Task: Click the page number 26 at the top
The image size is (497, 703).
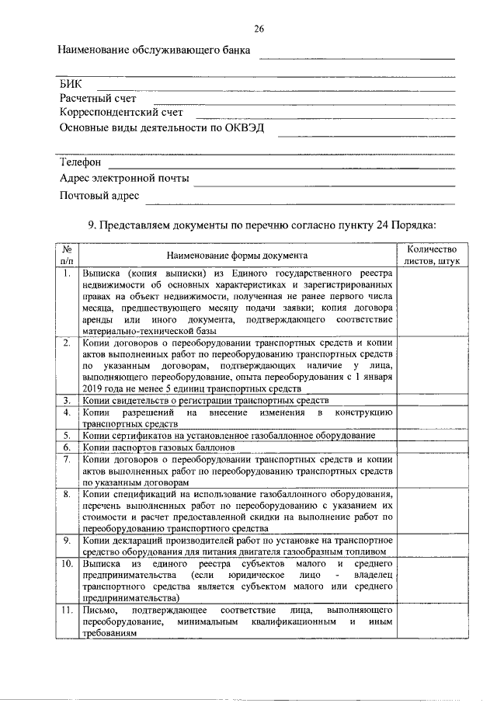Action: [259, 30]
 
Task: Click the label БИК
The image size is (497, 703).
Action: [71, 84]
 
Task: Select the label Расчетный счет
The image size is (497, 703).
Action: [98, 99]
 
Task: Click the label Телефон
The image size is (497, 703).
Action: [81, 162]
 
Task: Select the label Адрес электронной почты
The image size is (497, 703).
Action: [124, 178]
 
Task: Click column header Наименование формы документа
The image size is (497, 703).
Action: [237, 255]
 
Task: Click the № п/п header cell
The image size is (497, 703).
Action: [68, 255]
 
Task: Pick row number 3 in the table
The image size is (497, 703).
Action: [68, 399]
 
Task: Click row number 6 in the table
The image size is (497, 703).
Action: [68, 447]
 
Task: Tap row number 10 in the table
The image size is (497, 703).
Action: [68, 562]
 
